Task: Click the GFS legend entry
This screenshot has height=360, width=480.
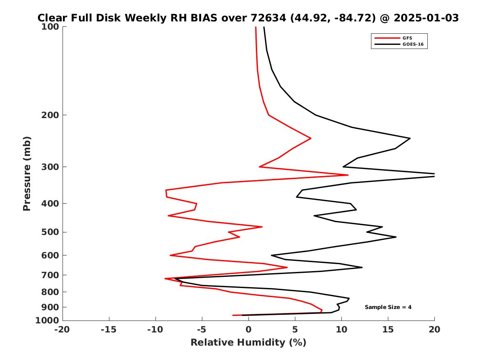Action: pyautogui.click(x=407, y=38)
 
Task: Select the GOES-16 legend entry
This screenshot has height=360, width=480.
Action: pyautogui.click(x=413, y=44)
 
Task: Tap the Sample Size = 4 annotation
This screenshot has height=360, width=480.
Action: pyautogui.click(x=388, y=307)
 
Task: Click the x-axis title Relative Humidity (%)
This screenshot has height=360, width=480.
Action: pyautogui.click(x=248, y=343)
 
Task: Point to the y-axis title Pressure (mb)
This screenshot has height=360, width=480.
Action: pyautogui.click(x=27, y=173)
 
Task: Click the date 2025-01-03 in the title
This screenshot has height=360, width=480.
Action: pyautogui.click(x=426, y=18)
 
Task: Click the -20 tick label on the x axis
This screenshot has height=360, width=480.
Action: pyautogui.click(x=63, y=330)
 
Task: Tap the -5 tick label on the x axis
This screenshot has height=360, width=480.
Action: pyautogui.click(x=202, y=330)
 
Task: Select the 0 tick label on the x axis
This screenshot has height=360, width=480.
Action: pyautogui.click(x=248, y=330)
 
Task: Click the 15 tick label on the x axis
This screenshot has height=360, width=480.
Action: pyautogui.click(x=388, y=330)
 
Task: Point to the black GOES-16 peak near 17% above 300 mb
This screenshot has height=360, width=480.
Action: pyautogui.click(x=410, y=138)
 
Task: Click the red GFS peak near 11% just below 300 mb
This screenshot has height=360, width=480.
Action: pyautogui.click(x=348, y=175)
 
